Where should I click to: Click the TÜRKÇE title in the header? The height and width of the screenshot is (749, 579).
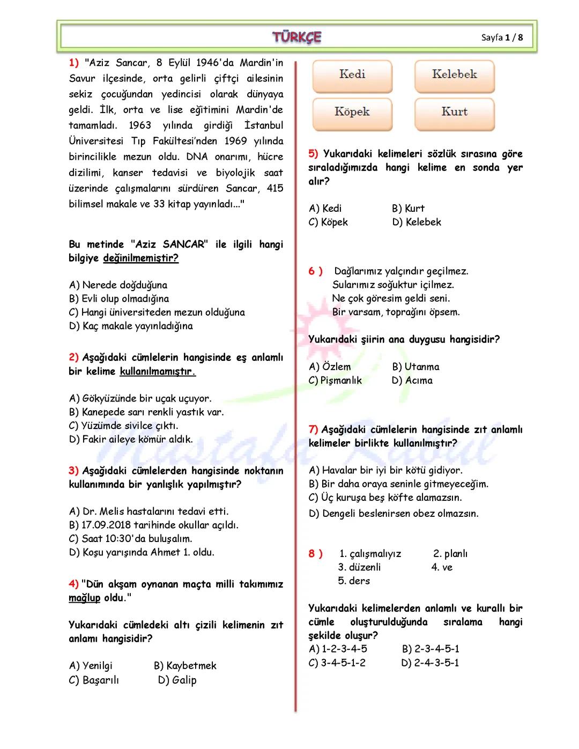coord(296,37)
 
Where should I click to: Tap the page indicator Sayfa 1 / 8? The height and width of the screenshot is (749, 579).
coord(502,38)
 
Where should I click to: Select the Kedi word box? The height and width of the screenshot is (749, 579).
coord(352,75)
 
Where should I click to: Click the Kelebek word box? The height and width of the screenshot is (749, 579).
coord(454,75)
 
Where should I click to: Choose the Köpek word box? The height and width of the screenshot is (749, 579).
coord(352,113)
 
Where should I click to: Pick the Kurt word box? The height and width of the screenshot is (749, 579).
coord(454,113)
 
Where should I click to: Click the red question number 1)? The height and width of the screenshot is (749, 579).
coord(74,63)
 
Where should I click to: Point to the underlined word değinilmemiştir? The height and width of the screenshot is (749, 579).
coord(140,258)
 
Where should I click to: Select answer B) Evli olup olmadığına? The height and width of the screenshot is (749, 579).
coord(119,299)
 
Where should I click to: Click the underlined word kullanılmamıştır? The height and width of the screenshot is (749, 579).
coord(158,371)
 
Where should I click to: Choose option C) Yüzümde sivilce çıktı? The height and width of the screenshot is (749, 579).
coord(124,426)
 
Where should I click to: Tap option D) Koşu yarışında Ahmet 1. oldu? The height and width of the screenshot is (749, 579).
coord(142,552)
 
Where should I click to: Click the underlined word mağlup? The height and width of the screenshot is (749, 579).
coord(84,598)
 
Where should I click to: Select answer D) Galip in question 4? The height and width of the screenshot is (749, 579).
coord(177,680)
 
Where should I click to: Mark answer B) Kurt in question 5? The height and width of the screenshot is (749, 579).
coord(408,208)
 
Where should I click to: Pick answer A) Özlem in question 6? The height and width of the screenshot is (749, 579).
coord(330,367)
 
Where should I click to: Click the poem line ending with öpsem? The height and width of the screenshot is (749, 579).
coord(396,312)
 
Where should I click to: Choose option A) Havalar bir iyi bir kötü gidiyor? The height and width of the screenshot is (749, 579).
coord(385,470)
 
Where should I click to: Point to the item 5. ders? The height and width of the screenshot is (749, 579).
coord(354,581)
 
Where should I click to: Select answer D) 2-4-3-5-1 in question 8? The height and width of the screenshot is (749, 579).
coord(430,663)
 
